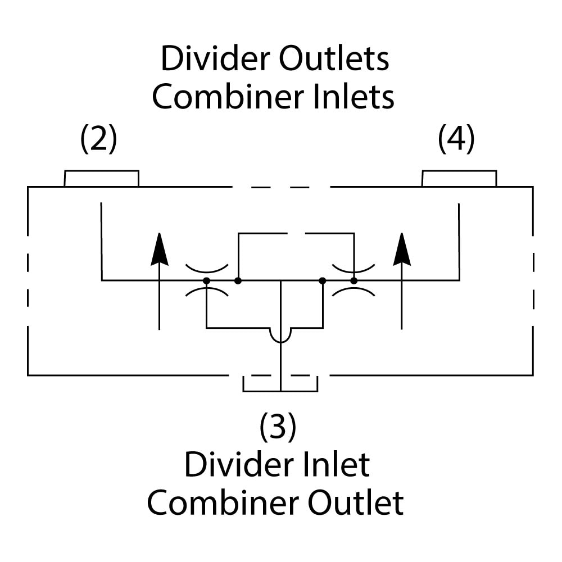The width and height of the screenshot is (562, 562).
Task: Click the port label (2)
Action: coord(99,139)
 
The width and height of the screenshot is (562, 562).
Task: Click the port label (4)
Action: coord(456,139)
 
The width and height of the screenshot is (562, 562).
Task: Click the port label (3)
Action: coord(278,427)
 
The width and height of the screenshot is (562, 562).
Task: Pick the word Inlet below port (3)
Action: coord(334,465)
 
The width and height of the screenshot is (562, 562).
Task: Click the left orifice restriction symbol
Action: coord(207,279)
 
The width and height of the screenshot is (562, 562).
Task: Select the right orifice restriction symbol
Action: coord(353,279)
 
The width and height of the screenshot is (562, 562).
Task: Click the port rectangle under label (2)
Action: coord(102,179)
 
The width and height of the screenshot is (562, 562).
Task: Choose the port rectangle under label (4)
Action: coord(459,179)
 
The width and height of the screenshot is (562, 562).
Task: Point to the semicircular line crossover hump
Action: coord(280,335)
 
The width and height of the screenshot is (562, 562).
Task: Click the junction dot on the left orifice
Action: coord(207,280)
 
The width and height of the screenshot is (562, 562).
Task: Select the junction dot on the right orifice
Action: coord(353,280)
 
